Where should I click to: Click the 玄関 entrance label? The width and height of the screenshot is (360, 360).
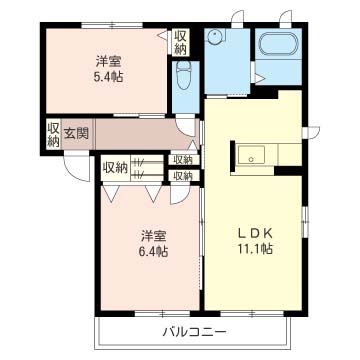pyautogui.click(x=76, y=134)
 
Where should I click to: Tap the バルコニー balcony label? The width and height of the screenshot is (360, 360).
pyautogui.click(x=195, y=332)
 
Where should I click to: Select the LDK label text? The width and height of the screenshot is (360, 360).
pyautogui.click(x=255, y=234)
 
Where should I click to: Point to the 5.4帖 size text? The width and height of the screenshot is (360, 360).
pyautogui.click(x=108, y=77)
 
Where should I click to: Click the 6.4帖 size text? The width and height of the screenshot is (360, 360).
pyautogui.click(x=153, y=251)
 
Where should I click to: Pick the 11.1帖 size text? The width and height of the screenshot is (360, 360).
pyautogui.click(x=255, y=249)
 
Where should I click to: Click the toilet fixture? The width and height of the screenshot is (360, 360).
pyautogui.click(x=183, y=75)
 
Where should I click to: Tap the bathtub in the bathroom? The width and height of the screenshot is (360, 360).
pyautogui.click(x=278, y=44)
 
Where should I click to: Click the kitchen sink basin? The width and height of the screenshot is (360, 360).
pyautogui.click(x=251, y=155)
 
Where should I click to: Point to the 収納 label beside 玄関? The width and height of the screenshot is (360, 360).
pyautogui.click(x=53, y=135)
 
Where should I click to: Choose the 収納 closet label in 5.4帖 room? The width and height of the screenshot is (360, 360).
pyautogui.click(x=180, y=42)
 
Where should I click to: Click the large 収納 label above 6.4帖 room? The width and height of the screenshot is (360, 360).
pyautogui.click(x=115, y=168)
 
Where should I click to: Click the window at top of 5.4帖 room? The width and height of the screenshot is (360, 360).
pyautogui.click(x=112, y=25)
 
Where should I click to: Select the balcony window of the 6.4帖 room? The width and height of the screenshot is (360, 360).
pyautogui.click(x=162, y=313)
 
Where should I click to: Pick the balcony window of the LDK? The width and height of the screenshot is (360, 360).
pyautogui.click(x=252, y=313)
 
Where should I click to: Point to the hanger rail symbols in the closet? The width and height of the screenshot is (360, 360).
pyautogui.click(x=138, y=168)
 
